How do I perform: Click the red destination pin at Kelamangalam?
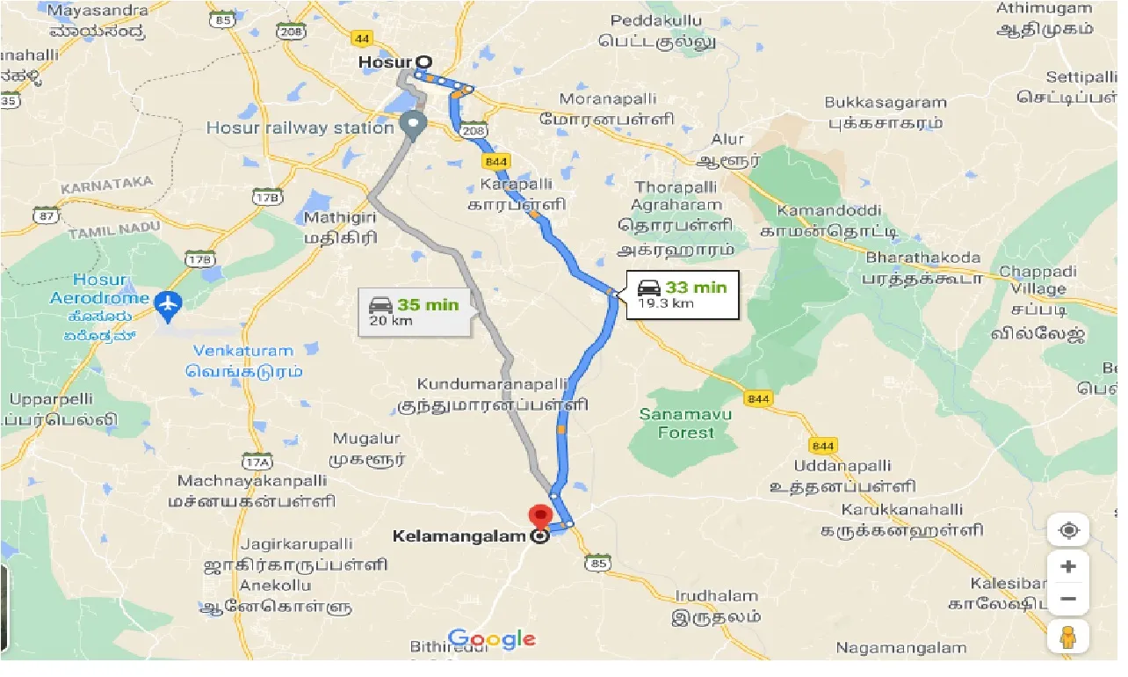[539, 516]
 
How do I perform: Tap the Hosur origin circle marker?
[424, 62]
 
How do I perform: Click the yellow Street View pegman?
[1067, 636]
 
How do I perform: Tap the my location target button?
[1068, 530]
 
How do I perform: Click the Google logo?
[491, 639]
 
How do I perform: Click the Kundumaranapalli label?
[503, 385]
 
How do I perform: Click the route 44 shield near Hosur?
[362, 39]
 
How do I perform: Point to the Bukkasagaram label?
[885, 103]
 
